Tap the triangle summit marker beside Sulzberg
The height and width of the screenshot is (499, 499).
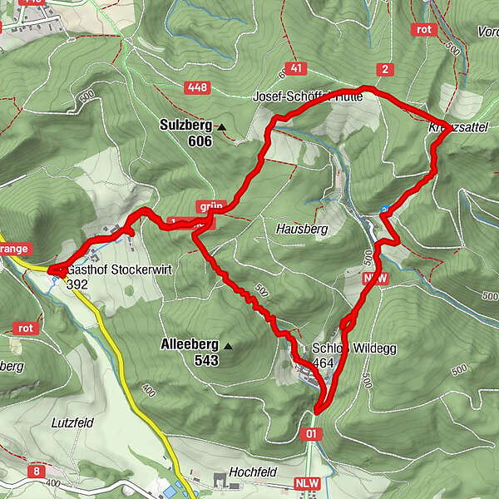pos(221,127)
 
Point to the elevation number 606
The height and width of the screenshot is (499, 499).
pos(200,141)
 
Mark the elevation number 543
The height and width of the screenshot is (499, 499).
pos(205,360)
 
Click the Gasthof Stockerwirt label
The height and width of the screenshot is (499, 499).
pos(113,270)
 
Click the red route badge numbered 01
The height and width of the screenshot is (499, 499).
pos(311,433)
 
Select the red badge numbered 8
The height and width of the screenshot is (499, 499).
pos(37,472)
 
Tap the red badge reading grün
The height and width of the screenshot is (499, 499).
pos(210,206)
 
